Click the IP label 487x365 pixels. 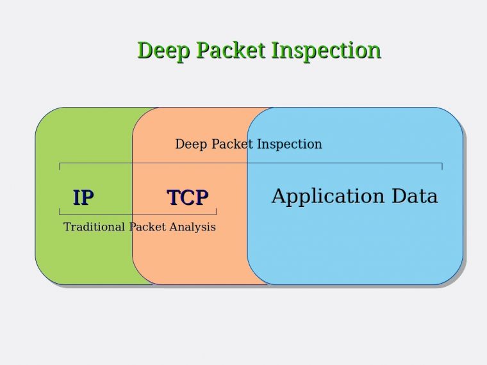pyautogui.click(x=83, y=198)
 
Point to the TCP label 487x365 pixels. pyautogui.click(x=188, y=198)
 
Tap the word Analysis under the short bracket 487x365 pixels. pyautogui.click(x=192, y=227)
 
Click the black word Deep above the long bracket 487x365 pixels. pyautogui.click(x=191, y=145)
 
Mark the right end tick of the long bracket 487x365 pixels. pyautogui.click(x=442, y=166)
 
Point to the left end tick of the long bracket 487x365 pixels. pyautogui.click(x=60, y=166)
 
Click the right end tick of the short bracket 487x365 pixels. pyautogui.click(x=216, y=211)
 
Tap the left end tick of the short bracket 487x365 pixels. pyautogui.click(x=60, y=211)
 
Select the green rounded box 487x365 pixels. pyautogui.click(x=83, y=256)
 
